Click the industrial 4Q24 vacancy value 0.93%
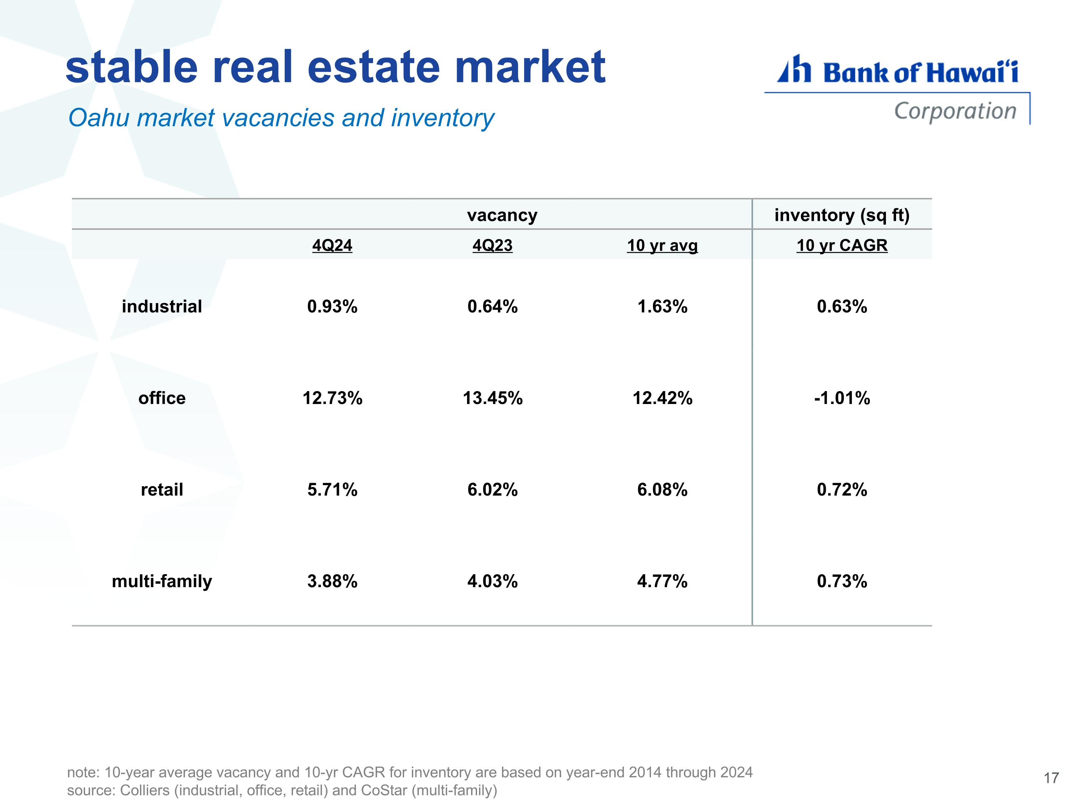332,306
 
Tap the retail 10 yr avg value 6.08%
662,489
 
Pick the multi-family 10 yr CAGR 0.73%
842,581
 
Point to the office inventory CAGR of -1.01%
842,398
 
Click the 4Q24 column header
332,245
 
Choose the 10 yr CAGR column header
842,245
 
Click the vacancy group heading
502,215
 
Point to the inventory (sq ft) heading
842,215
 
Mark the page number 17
1051,778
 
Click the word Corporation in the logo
955,111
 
